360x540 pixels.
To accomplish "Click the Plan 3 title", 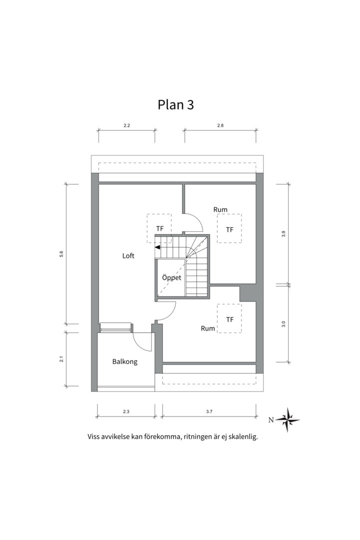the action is (175, 104).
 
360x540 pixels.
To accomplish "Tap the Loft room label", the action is (128, 256).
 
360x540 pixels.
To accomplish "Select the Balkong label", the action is (124, 361).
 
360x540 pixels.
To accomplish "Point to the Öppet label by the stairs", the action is (171, 277).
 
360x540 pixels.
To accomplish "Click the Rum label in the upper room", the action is (220, 209).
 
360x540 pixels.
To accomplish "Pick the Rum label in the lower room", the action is (207, 328).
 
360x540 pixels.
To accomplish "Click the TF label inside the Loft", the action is (160, 228).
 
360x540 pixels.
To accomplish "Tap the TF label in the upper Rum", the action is (229, 229).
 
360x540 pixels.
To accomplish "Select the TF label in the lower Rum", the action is (230, 319).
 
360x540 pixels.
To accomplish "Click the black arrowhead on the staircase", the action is (157, 247).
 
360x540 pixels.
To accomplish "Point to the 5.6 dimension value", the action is (61, 254).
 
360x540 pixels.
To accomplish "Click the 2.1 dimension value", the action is (61, 359).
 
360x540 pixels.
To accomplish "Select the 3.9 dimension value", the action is (283, 234).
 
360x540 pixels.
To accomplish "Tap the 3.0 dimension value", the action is (283, 324).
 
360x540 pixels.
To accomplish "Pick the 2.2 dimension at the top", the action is (127, 125).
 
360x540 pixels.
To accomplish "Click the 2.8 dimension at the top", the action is (220, 125).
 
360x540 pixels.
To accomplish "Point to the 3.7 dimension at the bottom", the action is (209, 411).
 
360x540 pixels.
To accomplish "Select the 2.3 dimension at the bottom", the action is (126, 411).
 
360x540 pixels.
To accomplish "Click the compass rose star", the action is (287, 420).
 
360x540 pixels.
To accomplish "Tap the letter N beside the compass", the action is (271, 420).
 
